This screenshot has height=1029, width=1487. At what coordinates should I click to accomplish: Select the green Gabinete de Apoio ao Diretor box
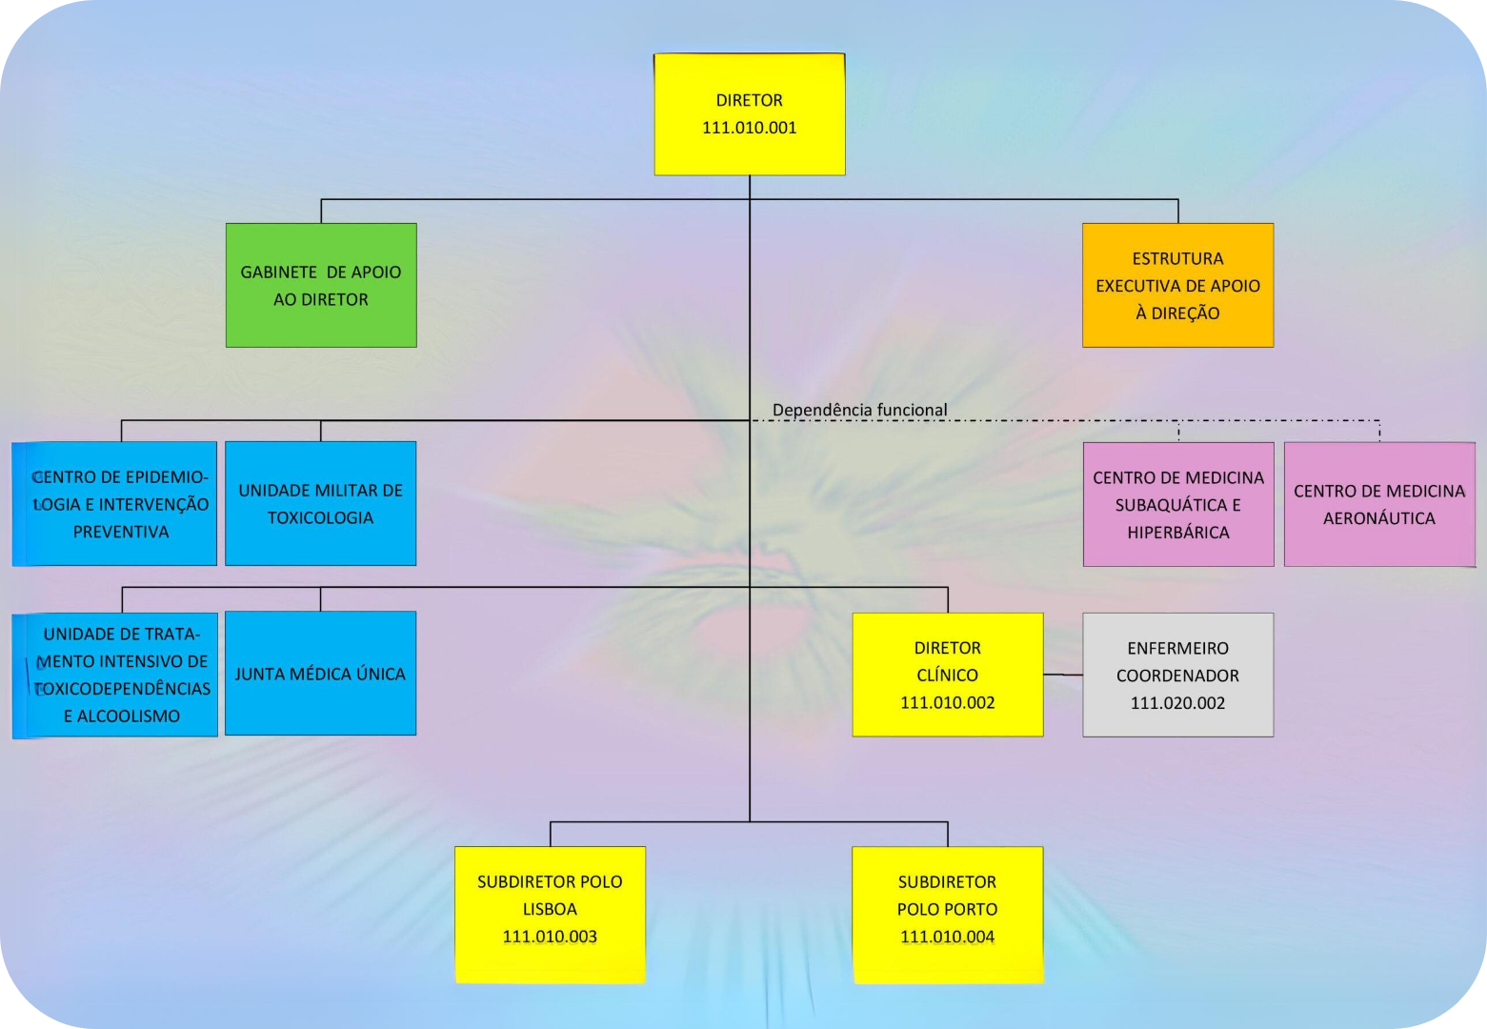point(321,285)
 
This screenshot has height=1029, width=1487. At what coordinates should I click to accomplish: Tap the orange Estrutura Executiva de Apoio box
point(1177,285)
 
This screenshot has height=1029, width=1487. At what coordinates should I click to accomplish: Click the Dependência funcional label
point(859,410)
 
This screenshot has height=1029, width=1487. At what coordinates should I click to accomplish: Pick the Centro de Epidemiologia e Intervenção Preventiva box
point(114,504)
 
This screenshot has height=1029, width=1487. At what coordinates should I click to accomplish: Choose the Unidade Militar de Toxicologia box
point(321,504)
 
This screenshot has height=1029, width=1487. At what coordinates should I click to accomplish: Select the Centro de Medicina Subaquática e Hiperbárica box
point(1177,504)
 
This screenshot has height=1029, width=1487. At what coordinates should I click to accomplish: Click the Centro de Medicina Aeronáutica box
point(1378,504)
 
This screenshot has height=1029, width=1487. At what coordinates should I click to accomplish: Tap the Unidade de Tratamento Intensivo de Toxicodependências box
point(114,675)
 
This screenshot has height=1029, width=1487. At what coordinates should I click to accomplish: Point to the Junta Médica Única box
point(321,674)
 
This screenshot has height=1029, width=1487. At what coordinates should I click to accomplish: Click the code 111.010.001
point(749,128)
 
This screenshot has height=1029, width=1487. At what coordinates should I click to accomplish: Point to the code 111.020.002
point(1177,703)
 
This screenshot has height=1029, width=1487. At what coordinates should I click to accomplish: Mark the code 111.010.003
point(550,937)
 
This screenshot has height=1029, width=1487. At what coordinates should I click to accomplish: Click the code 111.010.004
point(947,937)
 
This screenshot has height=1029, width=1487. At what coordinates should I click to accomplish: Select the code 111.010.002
point(947,703)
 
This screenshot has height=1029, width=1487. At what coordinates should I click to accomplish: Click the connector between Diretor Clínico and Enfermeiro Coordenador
point(1063,675)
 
